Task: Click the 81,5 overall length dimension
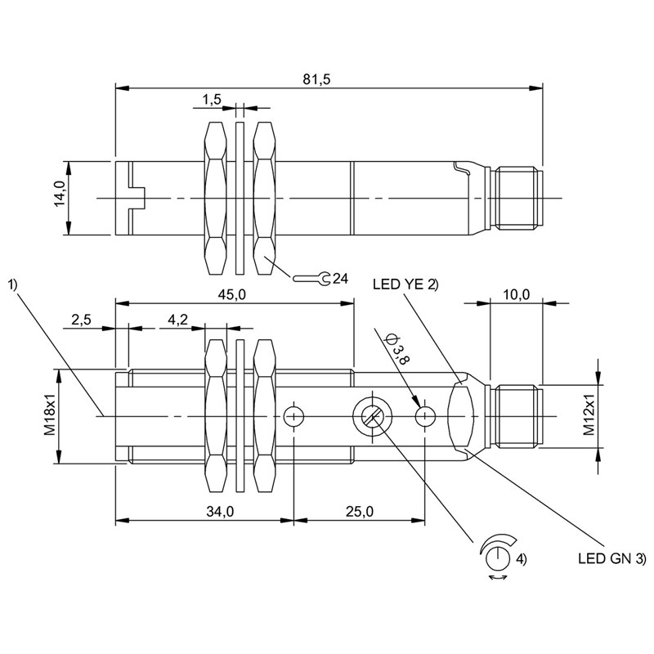pyautogui.click(x=316, y=78)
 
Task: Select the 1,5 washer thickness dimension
pyautogui.click(x=212, y=99)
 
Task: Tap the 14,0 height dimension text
pyautogui.click(x=60, y=194)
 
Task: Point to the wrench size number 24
pyautogui.click(x=340, y=278)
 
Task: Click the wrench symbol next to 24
pyautogui.click(x=311, y=278)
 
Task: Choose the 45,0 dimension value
pyautogui.click(x=232, y=294)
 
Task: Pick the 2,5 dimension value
pyautogui.click(x=81, y=320)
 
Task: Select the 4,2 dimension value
pyautogui.click(x=177, y=320)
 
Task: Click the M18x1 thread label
pyautogui.click(x=50, y=416)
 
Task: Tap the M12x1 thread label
pyautogui.click(x=589, y=416)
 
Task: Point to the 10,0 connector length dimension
pyautogui.click(x=516, y=294)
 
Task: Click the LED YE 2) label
pyautogui.click(x=405, y=284)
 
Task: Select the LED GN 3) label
pyautogui.click(x=611, y=558)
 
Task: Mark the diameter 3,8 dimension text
pyautogui.click(x=396, y=349)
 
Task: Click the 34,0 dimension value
pyautogui.click(x=220, y=512)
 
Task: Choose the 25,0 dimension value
pyautogui.click(x=360, y=512)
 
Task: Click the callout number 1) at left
pyautogui.click(x=12, y=284)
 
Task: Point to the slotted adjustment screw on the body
pyautogui.click(x=372, y=416)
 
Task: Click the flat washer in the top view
pyautogui.click(x=240, y=198)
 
